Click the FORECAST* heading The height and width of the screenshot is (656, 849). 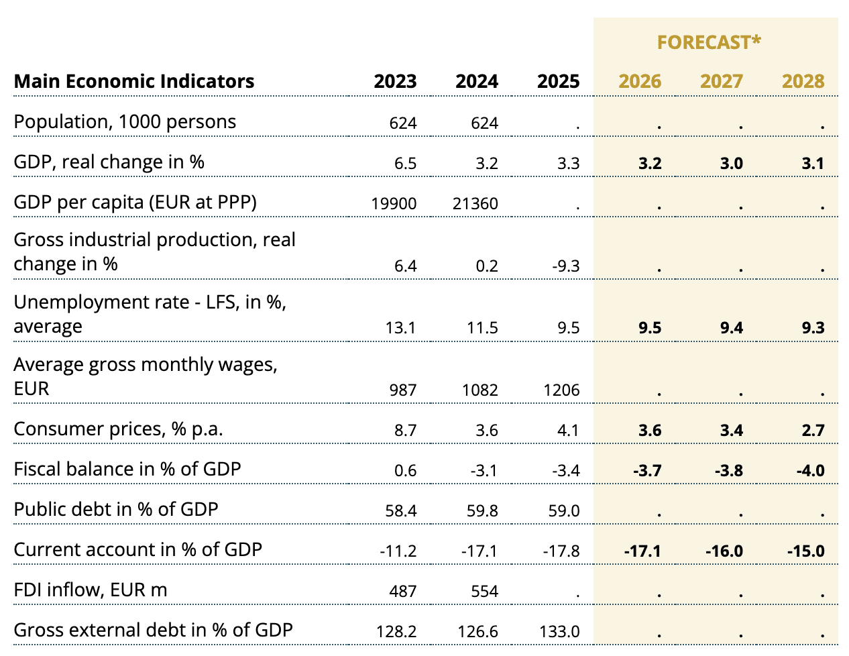pos(709,42)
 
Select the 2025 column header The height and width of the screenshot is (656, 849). pos(558,81)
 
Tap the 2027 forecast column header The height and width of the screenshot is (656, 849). pos(721,81)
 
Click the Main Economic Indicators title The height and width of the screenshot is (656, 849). pos(134,81)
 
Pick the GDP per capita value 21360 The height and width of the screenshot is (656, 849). pos(475,203)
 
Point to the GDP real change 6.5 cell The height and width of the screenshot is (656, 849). pos(406,164)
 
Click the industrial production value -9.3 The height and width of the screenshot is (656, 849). pos(565,266)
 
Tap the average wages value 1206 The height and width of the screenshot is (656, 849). pos(561,390)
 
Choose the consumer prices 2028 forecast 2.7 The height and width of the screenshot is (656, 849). pos(813,431)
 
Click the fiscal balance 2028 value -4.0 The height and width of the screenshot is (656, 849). pos(810,471)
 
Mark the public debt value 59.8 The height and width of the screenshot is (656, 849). pos(482,511)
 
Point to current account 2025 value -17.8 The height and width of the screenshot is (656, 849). pos(561,551)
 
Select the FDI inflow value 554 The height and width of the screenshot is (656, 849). pos(484,592)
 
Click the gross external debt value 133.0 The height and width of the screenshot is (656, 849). pos(559,632)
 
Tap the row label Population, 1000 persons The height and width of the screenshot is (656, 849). pos(125,121)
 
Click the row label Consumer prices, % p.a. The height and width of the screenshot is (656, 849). pos(118,429)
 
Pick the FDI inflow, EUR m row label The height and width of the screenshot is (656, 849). pos(91,590)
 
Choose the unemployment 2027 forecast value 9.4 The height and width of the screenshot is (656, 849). pos(731,328)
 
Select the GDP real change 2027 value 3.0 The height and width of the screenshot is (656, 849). pos(731,164)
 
